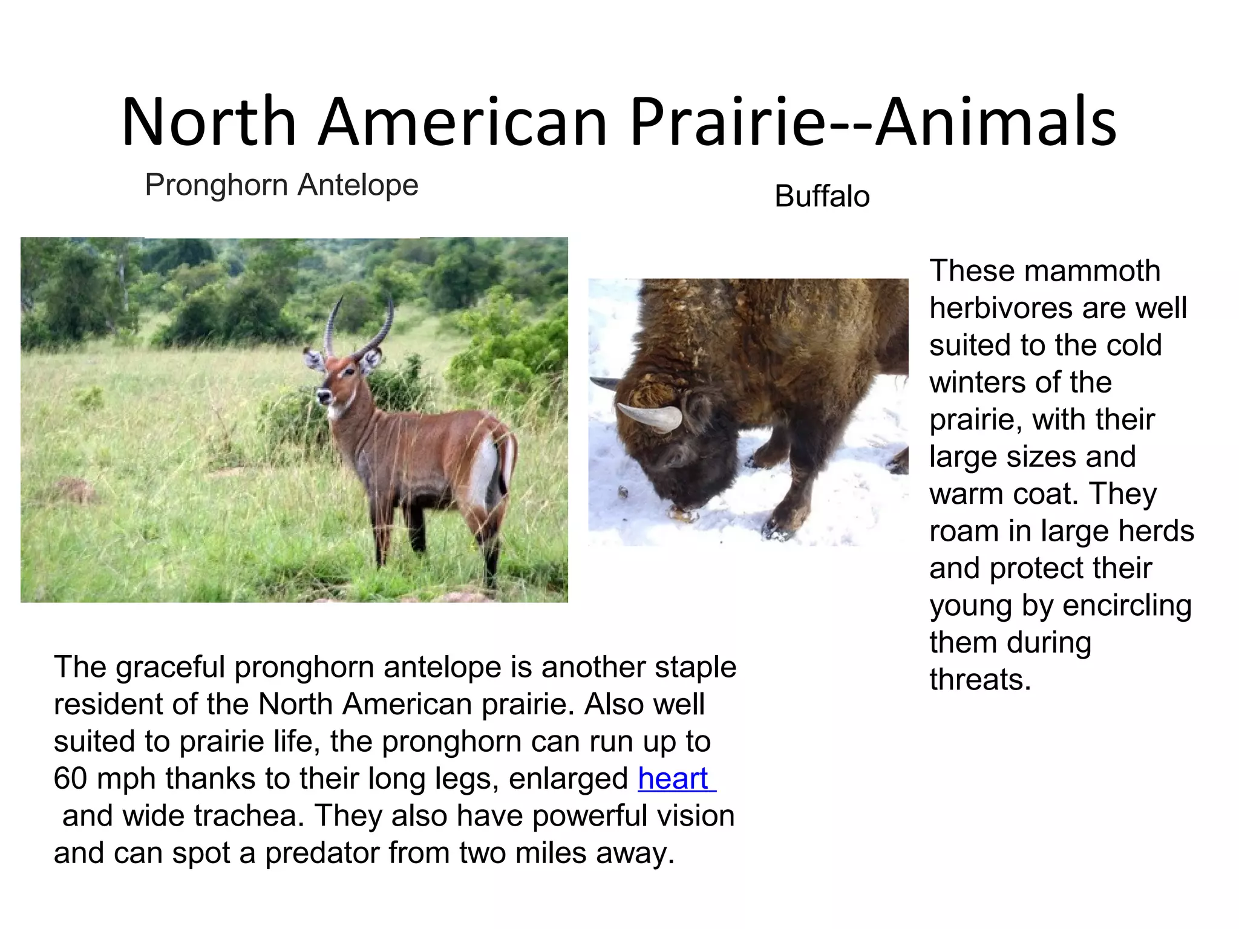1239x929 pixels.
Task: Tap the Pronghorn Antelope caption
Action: pos(281,185)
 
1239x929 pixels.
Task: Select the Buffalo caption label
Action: pos(822,197)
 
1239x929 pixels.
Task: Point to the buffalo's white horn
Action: pos(650,417)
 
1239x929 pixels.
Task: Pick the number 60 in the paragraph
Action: pos(70,778)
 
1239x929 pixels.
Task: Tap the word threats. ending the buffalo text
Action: pos(980,680)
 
